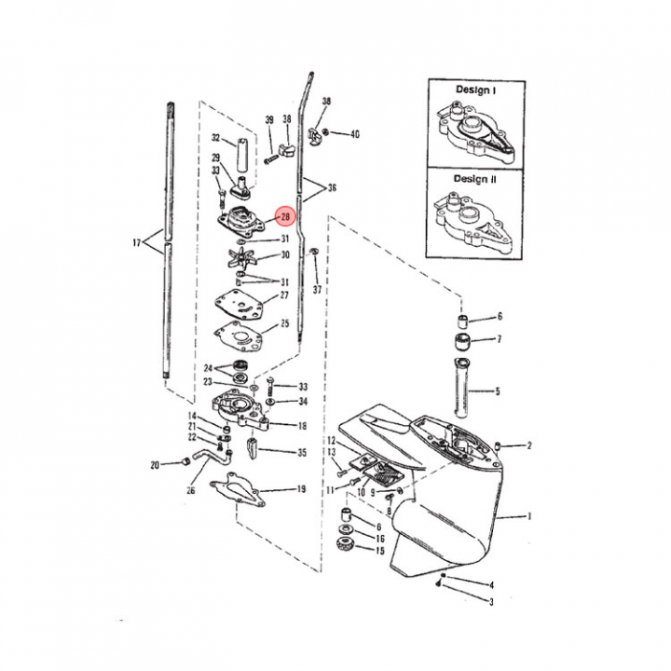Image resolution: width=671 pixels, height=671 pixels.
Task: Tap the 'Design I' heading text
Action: [x=475, y=89]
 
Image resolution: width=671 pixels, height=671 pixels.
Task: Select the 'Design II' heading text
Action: [x=475, y=179]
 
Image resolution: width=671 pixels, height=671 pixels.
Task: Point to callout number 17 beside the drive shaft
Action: [x=136, y=243]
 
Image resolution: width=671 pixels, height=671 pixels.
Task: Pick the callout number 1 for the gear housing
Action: [x=529, y=516]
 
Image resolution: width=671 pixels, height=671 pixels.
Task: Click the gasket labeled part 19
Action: [x=238, y=489]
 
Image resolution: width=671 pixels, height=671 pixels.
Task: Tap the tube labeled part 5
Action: [x=461, y=388]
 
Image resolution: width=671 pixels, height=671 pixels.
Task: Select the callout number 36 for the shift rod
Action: [x=332, y=188]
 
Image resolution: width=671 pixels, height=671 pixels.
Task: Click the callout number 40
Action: [x=355, y=134]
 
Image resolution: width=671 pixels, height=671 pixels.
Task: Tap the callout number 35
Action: [x=302, y=452]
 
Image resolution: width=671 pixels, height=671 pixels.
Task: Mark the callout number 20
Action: [x=155, y=465]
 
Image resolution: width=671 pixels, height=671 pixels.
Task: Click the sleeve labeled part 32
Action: [x=242, y=155]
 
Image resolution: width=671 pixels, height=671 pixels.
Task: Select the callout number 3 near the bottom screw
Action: [x=491, y=602]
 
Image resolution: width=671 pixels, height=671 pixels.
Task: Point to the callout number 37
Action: [x=317, y=290]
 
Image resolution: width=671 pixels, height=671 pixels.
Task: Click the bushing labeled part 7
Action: [x=462, y=341]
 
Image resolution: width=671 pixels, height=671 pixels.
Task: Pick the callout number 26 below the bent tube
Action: [x=191, y=490]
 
